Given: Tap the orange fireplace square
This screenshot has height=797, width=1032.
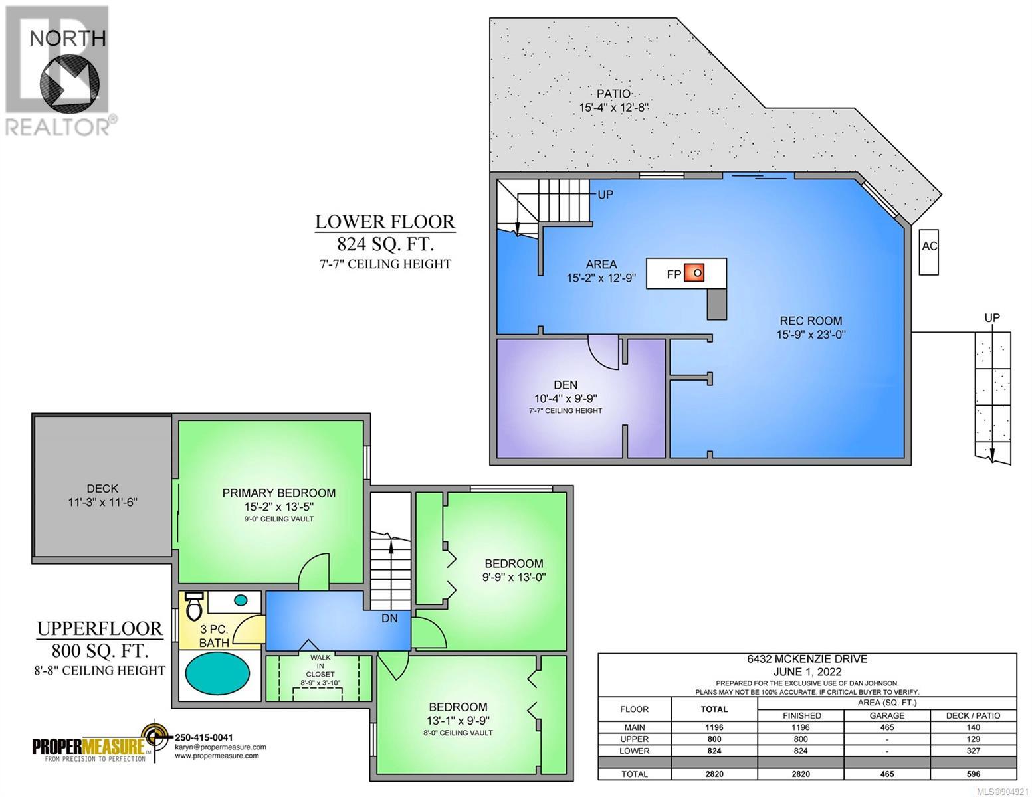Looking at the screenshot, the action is [x=694, y=273].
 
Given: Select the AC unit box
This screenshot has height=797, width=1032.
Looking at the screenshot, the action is [x=928, y=252].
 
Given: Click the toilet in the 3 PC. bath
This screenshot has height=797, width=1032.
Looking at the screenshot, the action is [x=194, y=606].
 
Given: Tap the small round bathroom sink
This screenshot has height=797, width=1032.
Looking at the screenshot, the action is [x=241, y=600].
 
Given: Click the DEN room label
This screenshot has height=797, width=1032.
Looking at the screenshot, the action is [x=566, y=385].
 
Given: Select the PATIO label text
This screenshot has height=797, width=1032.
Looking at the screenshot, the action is [x=613, y=94].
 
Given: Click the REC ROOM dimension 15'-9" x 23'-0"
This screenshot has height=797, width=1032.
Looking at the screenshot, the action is [x=811, y=335].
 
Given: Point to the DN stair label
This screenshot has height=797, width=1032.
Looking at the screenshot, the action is [x=389, y=618].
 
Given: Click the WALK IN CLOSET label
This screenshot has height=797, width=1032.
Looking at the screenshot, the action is [x=320, y=666].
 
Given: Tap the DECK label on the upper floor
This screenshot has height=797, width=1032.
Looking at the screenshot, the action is [x=102, y=488].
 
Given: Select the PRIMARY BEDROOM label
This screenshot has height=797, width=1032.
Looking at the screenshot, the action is [x=279, y=493].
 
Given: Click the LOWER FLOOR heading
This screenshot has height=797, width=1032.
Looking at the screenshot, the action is [x=385, y=222].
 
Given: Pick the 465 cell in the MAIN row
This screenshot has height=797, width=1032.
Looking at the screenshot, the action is [x=886, y=727].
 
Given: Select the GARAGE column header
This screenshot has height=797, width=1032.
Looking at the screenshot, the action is [x=886, y=715].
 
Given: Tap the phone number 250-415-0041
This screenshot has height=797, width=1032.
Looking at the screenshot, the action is [x=204, y=737].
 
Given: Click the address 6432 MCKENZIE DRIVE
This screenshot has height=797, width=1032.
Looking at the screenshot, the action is [x=807, y=659].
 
